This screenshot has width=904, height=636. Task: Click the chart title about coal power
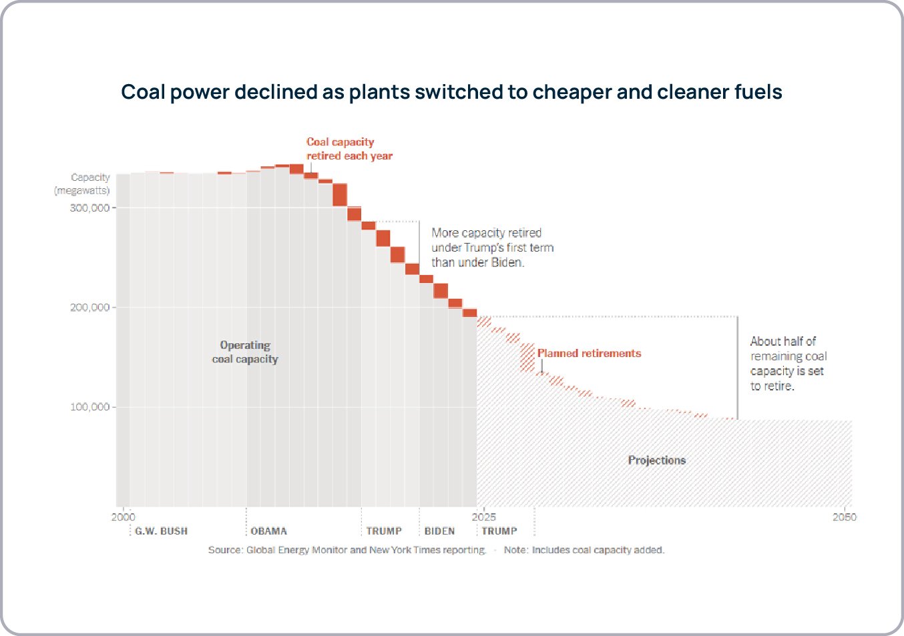tap(451, 92)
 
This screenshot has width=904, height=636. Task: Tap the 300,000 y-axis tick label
tap(89, 208)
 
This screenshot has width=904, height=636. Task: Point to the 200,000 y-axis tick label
tap(89, 308)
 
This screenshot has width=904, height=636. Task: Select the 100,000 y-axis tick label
tap(89, 407)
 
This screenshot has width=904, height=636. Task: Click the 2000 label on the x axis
tap(123, 517)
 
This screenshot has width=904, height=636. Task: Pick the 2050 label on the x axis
tap(844, 517)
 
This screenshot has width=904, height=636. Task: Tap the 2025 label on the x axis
tap(483, 517)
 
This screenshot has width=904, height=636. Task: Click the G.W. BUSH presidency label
tap(161, 531)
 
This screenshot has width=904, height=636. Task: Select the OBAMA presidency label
tap(268, 531)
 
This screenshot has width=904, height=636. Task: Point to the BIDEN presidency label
tap(439, 531)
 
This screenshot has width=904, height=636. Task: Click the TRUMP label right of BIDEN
tap(499, 531)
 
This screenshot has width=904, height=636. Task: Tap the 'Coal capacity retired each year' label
tap(349, 149)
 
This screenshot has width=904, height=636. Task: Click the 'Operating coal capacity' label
tap(245, 352)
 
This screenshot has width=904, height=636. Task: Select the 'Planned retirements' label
tap(589, 354)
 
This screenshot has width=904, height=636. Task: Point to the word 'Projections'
tap(656, 460)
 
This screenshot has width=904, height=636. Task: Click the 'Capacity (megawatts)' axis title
tap(82, 184)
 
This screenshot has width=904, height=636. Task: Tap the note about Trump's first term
tap(492, 248)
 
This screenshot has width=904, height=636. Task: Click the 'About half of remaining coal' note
tap(788, 364)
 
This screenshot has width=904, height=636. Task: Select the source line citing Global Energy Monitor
tap(347, 550)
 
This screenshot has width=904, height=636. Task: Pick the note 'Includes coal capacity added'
tap(584, 550)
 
